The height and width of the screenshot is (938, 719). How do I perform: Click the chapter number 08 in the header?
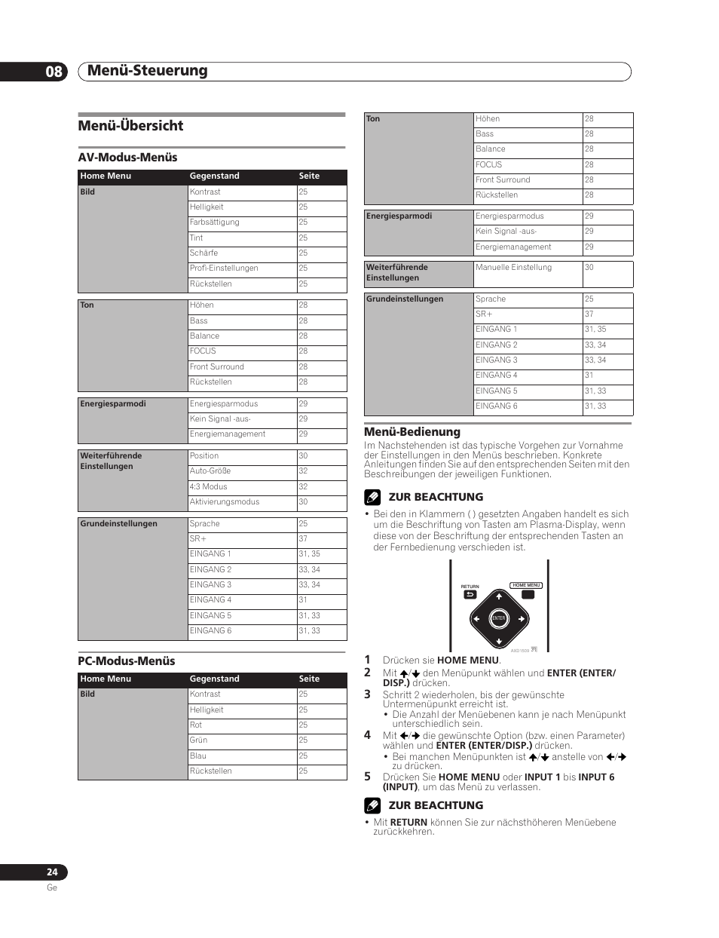click(x=54, y=72)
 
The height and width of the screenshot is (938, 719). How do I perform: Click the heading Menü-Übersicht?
click(x=130, y=126)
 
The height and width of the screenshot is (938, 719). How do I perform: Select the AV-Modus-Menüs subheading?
click(x=127, y=158)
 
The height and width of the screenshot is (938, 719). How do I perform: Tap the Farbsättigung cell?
click(x=215, y=222)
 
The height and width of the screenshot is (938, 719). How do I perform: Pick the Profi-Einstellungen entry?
click(x=224, y=268)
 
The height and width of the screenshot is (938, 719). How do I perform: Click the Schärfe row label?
click(x=203, y=253)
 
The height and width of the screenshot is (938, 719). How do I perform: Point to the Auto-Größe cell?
click(x=210, y=471)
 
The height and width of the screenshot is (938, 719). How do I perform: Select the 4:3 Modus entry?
click(x=208, y=487)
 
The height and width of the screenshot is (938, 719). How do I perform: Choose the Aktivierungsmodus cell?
click(x=225, y=502)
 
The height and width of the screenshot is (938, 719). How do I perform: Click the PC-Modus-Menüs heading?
click(x=127, y=661)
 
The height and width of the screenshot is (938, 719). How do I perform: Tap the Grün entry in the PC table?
click(x=199, y=740)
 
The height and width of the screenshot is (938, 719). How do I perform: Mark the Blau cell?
click(x=198, y=756)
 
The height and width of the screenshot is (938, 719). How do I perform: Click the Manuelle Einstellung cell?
click(x=513, y=268)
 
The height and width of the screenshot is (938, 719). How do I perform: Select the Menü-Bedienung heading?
click(x=412, y=432)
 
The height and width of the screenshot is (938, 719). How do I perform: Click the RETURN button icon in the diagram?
click(x=470, y=595)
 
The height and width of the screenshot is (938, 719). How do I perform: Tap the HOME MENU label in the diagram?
click(x=526, y=585)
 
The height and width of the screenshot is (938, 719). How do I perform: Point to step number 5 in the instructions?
click(x=368, y=776)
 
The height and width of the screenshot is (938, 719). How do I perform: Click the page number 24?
click(x=52, y=872)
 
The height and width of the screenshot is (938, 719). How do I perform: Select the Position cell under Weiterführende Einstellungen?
click(x=204, y=456)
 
